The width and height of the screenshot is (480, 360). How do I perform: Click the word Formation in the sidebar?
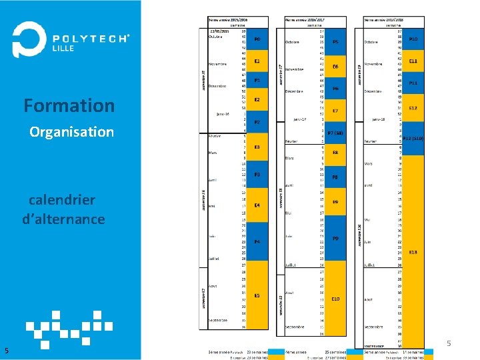coord(69,105)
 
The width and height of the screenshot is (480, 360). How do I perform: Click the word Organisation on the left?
coord(71,132)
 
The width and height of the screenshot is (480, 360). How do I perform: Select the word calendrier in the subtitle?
coord(62,200)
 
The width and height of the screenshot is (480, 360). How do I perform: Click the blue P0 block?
coord(257,39)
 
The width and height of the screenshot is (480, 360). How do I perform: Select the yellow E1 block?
coord(257,61)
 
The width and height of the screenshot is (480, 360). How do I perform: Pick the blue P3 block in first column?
coord(257,175)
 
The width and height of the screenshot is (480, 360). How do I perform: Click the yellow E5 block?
coord(257,295)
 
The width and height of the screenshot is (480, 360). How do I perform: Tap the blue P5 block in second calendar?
coord(335,41)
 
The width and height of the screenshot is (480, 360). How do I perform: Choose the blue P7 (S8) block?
coord(335,133)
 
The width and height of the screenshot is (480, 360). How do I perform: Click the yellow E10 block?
coord(335,299)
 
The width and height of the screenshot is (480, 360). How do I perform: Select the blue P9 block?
coord(335,238)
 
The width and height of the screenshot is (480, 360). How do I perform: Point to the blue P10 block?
coord(413,39)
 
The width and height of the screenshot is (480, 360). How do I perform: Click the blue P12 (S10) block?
coord(413,139)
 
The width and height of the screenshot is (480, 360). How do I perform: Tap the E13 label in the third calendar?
coord(413,252)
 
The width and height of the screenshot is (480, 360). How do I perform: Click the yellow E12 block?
coord(413,108)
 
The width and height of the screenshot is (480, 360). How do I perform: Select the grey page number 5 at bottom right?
coord(449,344)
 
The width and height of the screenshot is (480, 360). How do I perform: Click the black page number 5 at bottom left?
coord(6,351)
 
